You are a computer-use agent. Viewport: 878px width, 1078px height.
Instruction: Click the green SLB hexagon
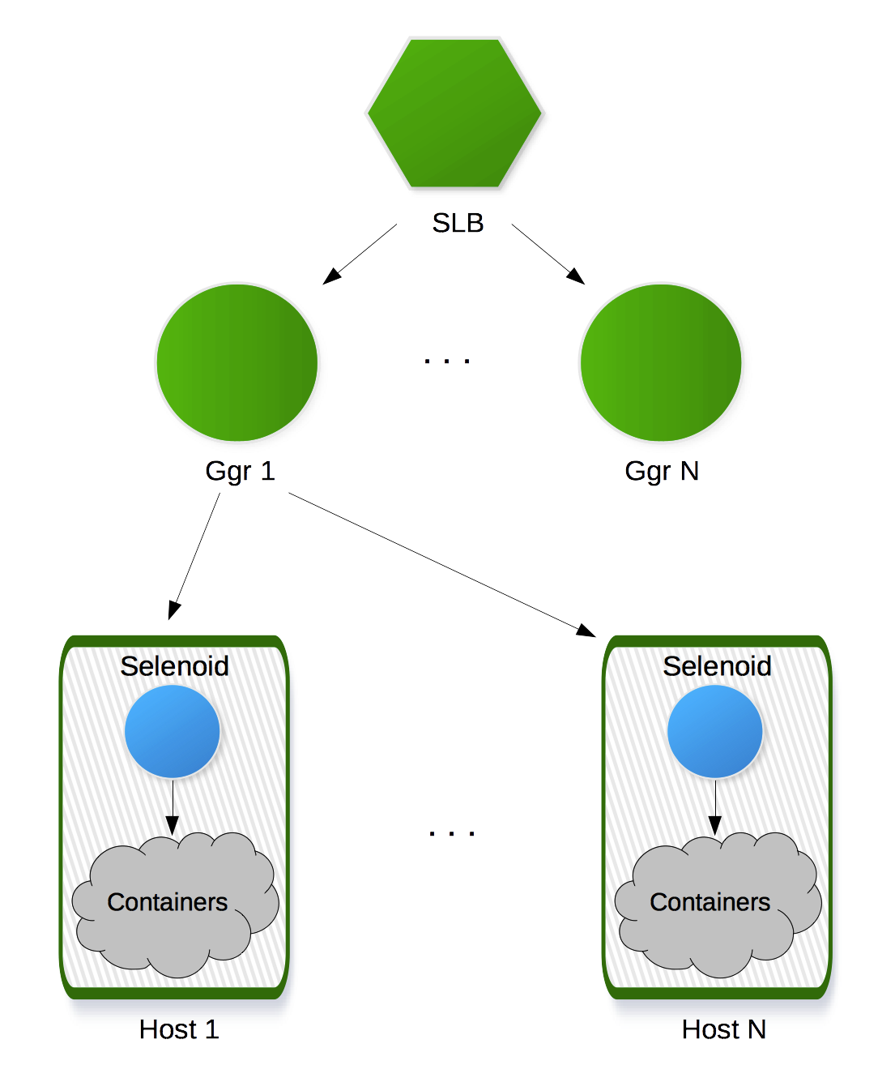[x=458, y=117]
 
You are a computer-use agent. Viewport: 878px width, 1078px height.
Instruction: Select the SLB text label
[x=458, y=223]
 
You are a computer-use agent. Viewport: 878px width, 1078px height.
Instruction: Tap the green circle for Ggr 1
[x=238, y=362]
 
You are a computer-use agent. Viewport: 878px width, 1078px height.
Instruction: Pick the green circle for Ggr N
[x=662, y=362]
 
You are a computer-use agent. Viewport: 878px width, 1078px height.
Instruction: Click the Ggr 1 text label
[x=241, y=471]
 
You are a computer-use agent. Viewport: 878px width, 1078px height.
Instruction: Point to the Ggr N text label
[x=662, y=471]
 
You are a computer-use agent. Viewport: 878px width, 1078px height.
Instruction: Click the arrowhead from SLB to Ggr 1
[x=330, y=278]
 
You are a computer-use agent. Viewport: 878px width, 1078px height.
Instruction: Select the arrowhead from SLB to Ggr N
[x=578, y=278]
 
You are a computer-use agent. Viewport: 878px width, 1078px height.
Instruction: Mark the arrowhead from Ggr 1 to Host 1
[x=173, y=611]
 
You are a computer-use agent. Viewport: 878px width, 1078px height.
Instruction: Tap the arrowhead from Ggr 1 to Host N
[x=587, y=630]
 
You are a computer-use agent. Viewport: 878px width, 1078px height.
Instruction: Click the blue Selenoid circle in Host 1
[x=173, y=731]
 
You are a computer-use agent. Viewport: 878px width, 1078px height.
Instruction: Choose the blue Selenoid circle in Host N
[x=715, y=731]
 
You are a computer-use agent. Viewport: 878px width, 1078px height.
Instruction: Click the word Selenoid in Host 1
[x=175, y=666]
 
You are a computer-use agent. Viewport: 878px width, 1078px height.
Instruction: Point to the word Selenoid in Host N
[x=718, y=666]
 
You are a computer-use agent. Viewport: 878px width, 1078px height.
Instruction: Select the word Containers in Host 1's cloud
[x=168, y=902]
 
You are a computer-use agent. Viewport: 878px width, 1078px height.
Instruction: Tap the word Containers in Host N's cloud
[x=710, y=902]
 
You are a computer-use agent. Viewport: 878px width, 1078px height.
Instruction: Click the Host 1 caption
[x=179, y=1029]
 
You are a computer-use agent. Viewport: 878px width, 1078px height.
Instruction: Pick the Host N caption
[x=724, y=1029]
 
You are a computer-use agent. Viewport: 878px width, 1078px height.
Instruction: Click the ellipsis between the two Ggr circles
[x=447, y=361]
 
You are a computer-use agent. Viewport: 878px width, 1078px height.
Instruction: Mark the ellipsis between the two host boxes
[x=452, y=833]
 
